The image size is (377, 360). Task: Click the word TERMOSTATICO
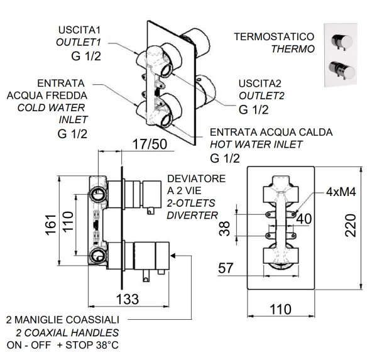[274, 37]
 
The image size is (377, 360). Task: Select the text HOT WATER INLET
[256, 145]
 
